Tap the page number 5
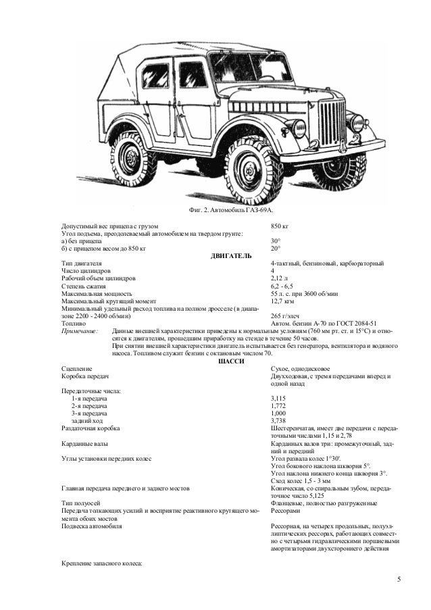(x=399, y=580)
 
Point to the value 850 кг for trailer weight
(x=279, y=226)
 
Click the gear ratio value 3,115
(x=278, y=399)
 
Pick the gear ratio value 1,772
(x=278, y=406)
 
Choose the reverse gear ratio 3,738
(x=278, y=421)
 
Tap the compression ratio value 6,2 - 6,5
(x=282, y=286)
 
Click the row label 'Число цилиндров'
(x=86, y=271)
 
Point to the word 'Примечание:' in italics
(x=80, y=331)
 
